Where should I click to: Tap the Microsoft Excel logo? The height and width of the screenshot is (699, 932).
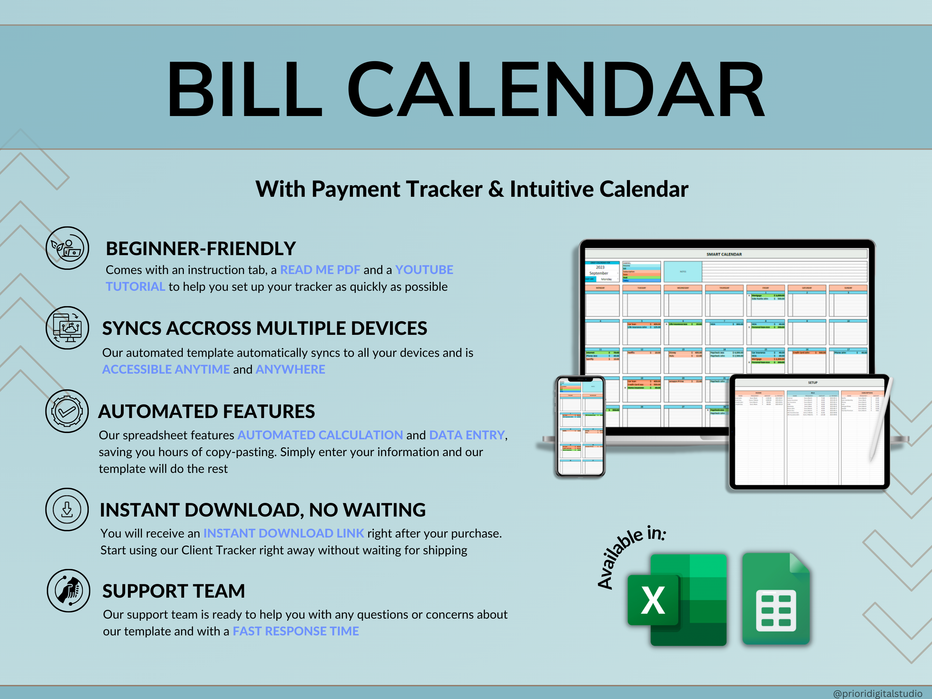coord(676,600)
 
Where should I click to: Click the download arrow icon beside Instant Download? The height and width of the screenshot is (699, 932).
coord(67,510)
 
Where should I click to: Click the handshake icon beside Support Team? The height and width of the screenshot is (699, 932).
coord(68,590)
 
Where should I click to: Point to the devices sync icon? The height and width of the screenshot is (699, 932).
coord(67,328)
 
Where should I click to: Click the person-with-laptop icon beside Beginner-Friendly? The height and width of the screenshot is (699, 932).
coord(67,248)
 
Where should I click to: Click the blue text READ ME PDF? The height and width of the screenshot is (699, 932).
coord(320,270)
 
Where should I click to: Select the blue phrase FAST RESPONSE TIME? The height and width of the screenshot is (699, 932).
coord(296,631)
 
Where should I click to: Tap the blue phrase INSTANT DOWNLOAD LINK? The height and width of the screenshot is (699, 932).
coord(283,533)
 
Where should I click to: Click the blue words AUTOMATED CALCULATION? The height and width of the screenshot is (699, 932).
coord(320,435)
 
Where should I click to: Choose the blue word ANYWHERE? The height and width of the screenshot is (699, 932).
coord(290,369)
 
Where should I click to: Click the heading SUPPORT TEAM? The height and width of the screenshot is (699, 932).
coord(174,591)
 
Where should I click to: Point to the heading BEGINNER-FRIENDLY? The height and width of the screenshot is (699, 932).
coord(201,248)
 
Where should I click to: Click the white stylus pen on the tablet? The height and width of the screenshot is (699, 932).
coord(881,421)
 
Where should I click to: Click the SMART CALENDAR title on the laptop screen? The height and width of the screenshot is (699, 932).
coord(724,254)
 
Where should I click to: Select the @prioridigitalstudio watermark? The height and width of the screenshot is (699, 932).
coord(877,693)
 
